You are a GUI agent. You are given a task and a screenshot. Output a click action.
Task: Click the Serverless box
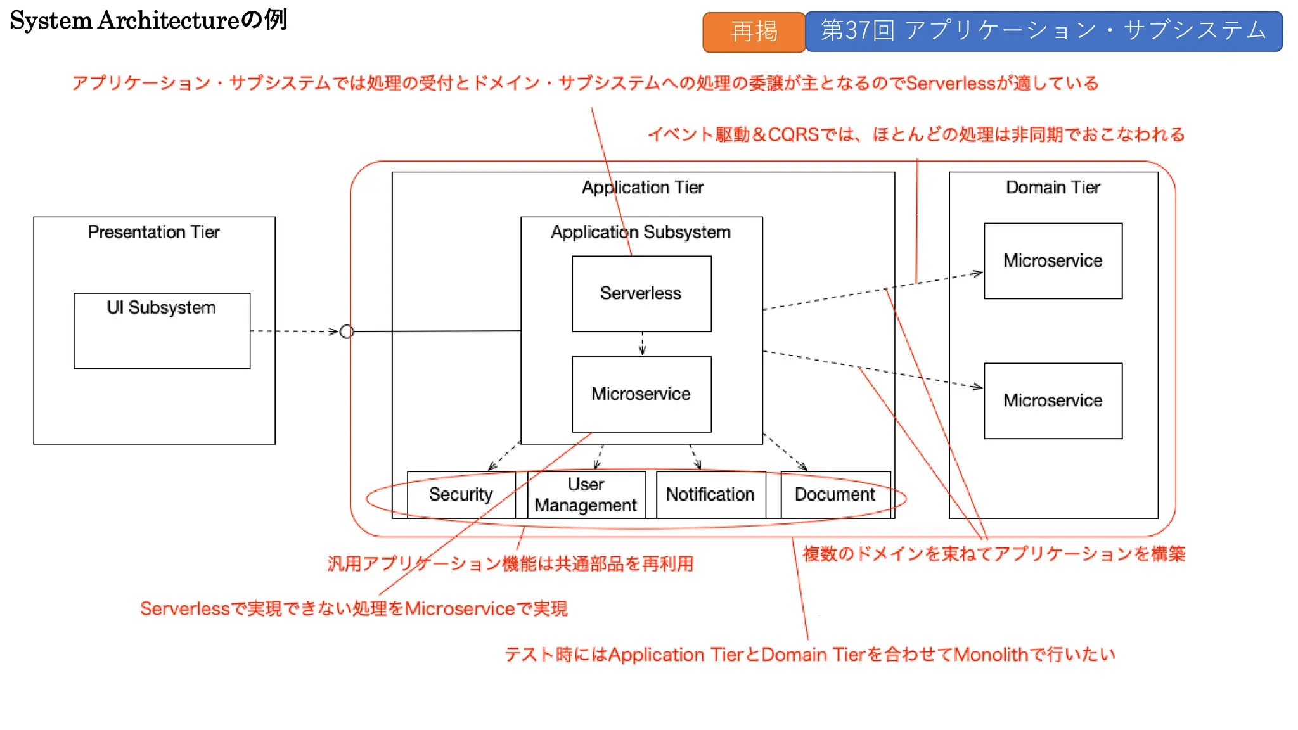click(x=641, y=293)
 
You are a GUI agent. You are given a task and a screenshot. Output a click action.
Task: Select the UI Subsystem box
click(x=162, y=331)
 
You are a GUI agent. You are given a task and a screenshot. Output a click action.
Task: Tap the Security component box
click(x=461, y=494)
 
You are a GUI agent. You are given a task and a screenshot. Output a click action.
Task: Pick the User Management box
click(x=586, y=494)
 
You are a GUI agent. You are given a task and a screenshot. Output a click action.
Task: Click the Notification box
click(x=710, y=494)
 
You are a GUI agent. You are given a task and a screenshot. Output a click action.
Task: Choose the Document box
click(x=835, y=494)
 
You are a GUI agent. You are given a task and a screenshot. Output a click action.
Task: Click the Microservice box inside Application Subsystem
click(x=641, y=394)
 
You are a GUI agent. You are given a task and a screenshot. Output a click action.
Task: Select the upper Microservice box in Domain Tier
click(x=1053, y=260)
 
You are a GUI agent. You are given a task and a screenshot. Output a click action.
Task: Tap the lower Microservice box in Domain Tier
click(x=1053, y=400)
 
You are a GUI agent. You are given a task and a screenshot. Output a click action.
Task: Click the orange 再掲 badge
click(x=754, y=32)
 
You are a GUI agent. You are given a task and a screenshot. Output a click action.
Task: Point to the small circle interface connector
click(x=347, y=331)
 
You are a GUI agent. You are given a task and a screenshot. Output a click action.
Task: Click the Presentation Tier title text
click(x=153, y=232)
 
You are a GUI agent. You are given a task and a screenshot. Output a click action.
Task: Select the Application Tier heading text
click(x=643, y=188)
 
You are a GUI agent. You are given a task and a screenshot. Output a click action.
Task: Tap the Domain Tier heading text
click(x=1053, y=188)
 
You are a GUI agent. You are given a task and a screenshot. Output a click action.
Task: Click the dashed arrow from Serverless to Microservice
click(x=642, y=344)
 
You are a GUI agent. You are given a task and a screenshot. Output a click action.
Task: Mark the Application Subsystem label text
click(x=641, y=232)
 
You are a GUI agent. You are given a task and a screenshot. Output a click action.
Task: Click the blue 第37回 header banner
click(x=1043, y=30)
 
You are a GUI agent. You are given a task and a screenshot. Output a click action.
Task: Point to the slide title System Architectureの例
click(x=148, y=20)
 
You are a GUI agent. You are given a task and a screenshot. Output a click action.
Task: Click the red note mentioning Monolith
click(x=809, y=654)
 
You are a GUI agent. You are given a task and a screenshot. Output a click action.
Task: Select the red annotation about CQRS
click(x=916, y=134)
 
